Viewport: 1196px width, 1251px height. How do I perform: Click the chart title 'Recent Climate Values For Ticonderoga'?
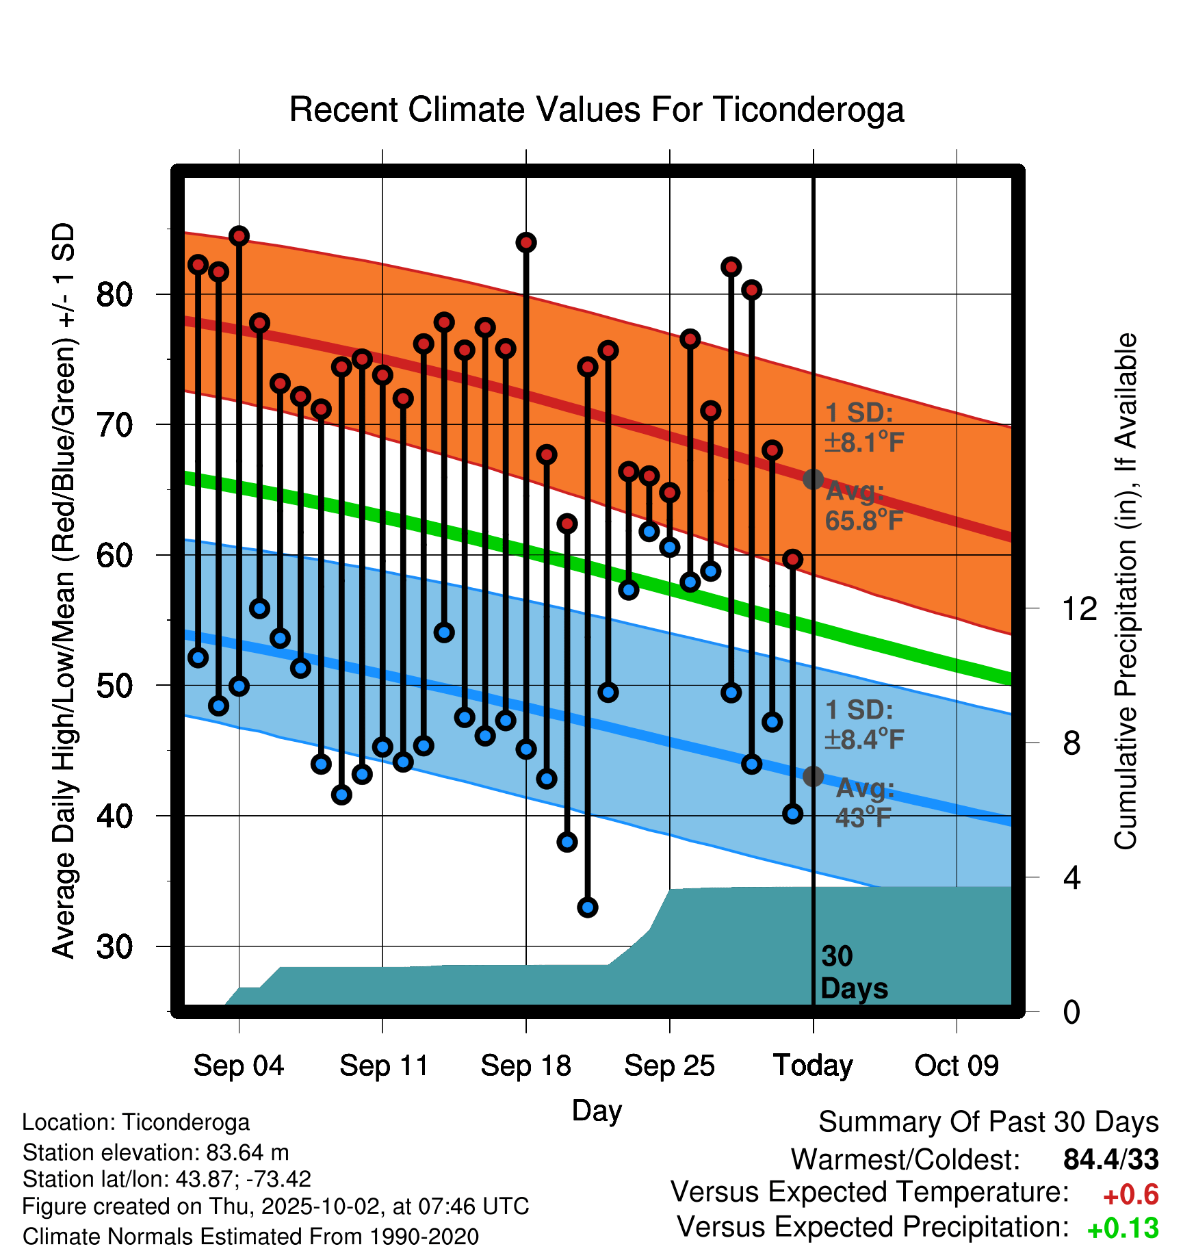pyautogui.click(x=597, y=109)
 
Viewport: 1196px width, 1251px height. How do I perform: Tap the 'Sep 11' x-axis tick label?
pyautogui.click(x=383, y=1066)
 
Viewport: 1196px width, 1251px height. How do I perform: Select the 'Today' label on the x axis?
pyautogui.click(x=813, y=1066)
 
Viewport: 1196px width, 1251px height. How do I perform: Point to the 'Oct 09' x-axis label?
pyautogui.click(x=957, y=1066)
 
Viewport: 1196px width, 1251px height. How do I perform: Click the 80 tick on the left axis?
pyautogui.click(x=114, y=295)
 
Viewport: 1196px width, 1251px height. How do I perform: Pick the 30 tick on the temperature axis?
pyautogui.click(x=114, y=947)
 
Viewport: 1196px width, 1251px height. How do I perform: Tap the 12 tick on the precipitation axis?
pyautogui.click(x=1079, y=608)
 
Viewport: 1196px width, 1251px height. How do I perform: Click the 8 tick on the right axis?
pyautogui.click(x=1072, y=743)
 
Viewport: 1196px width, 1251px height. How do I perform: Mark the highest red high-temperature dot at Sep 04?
pyautogui.click(x=239, y=236)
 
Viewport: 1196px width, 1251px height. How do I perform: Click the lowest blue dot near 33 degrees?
pyautogui.click(x=588, y=907)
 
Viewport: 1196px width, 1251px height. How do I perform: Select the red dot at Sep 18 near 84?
pyautogui.click(x=526, y=242)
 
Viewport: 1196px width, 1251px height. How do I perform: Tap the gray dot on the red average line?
pyautogui.click(x=813, y=479)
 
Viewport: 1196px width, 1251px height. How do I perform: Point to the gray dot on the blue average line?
pyautogui.click(x=813, y=776)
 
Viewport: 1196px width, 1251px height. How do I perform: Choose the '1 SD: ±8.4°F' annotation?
pyautogui.click(x=863, y=724)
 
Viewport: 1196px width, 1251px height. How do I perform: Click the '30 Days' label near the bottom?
pyautogui.click(x=853, y=972)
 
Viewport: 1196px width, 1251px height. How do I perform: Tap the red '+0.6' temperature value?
pyautogui.click(x=1131, y=1195)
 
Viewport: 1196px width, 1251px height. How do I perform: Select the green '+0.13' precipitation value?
pyautogui.click(x=1123, y=1228)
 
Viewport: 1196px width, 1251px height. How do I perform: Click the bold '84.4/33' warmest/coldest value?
pyautogui.click(x=1111, y=1160)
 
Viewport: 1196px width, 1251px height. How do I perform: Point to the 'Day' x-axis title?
pyautogui.click(x=597, y=1110)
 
